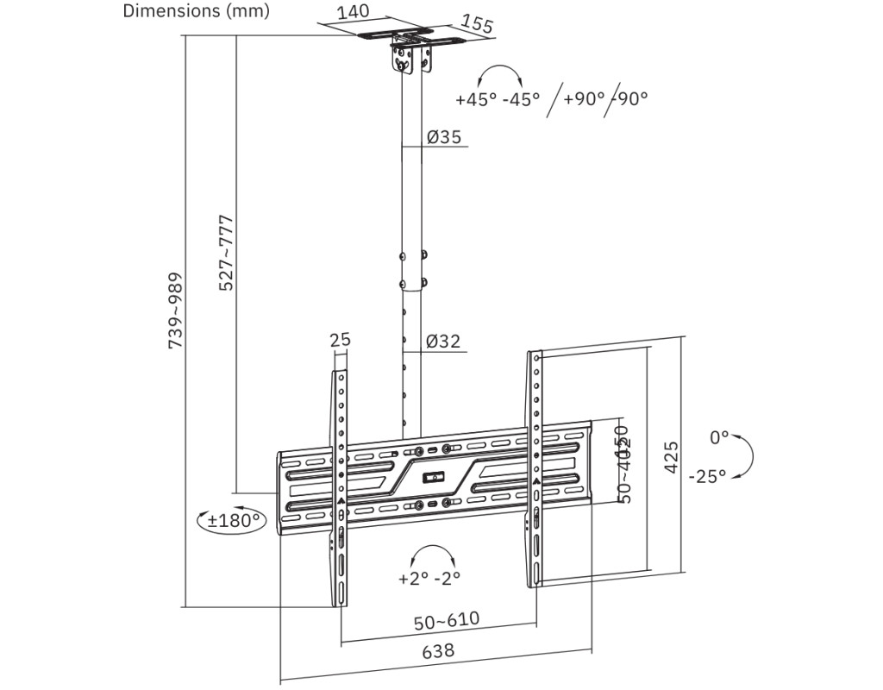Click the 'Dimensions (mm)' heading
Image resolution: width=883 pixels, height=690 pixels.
pyautogui.click(x=196, y=11)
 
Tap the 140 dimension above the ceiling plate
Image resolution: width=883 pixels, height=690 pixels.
pyautogui.click(x=353, y=11)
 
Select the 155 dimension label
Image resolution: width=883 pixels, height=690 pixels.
pyautogui.click(x=477, y=23)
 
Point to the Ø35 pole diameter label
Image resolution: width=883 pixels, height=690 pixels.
pyautogui.click(x=443, y=136)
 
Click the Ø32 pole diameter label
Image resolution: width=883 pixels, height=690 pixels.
pyautogui.click(x=443, y=342)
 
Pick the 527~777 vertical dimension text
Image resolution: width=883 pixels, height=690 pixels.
pyautogui.click(x=226, y=252)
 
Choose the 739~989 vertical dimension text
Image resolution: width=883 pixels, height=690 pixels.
pyautogui.click(x=175, y=311)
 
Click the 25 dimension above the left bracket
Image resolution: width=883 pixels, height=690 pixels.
pyautogui.click(x=341, y=339)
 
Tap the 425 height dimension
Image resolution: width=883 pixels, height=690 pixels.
pyautogui.click(x=671, y=456)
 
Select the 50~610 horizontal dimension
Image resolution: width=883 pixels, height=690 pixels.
pyautogui.click(x=446, y=620)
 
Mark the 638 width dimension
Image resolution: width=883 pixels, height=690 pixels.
pyautogui.click(x=437, y=651)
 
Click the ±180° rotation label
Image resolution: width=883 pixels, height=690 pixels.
pyautogui.click(x=233, y=520)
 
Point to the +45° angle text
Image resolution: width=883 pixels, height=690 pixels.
pyautogui.click(x=477, y=98)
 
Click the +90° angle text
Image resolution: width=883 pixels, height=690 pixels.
pyautogui.click(x=585, y=98)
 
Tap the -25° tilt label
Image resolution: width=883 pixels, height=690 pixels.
pyautogui.click(x=707, y=476)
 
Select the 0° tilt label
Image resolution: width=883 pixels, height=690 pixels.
pyautogui.click(x=719, y=437)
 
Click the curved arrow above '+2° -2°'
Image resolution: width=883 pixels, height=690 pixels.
pyautogui.click(x=433, y=553)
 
